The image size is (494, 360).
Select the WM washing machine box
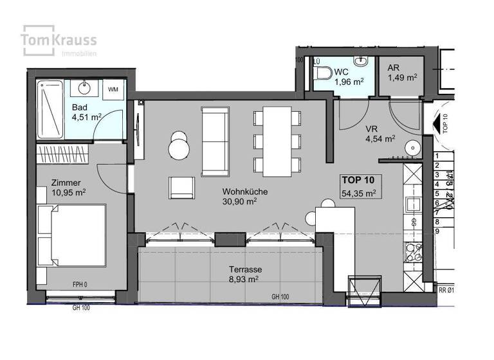(x=114, y=89)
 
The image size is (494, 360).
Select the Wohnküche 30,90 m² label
(x=245, y=196)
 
